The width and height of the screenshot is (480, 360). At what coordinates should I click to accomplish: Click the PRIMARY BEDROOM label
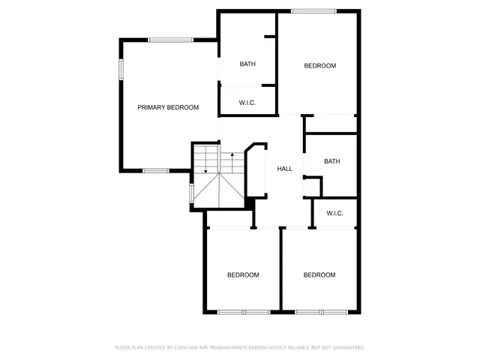click(168, 107)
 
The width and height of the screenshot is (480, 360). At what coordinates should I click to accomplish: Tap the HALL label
click(284, 169)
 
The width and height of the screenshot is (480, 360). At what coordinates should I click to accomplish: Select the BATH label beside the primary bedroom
click(247, 64)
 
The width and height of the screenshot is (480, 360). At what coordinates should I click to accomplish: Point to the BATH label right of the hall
click(332, 161)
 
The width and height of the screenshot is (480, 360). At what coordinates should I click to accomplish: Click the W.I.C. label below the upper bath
click(247, 102)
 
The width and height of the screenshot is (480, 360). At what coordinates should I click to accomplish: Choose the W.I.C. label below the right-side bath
click(334, 213)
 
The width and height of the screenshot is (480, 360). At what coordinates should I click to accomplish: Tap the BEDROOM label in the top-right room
click(319, 66)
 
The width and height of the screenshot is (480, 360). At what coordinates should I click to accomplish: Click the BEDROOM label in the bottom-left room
click(243, 275)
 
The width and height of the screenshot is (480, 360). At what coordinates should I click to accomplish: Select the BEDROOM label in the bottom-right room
click(319, 275)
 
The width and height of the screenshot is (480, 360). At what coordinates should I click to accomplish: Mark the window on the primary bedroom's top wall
click(170, 40)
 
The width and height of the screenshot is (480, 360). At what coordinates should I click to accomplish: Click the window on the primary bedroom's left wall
click(121, 69)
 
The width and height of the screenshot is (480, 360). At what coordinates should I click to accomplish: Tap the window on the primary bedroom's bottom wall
click(155, 171)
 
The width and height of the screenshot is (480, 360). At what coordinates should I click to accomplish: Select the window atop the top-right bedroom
click(314, 10)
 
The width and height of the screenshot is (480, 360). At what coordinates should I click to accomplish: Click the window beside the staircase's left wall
click(192, 193)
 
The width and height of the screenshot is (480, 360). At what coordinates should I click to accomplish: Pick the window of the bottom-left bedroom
click(243, 311)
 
